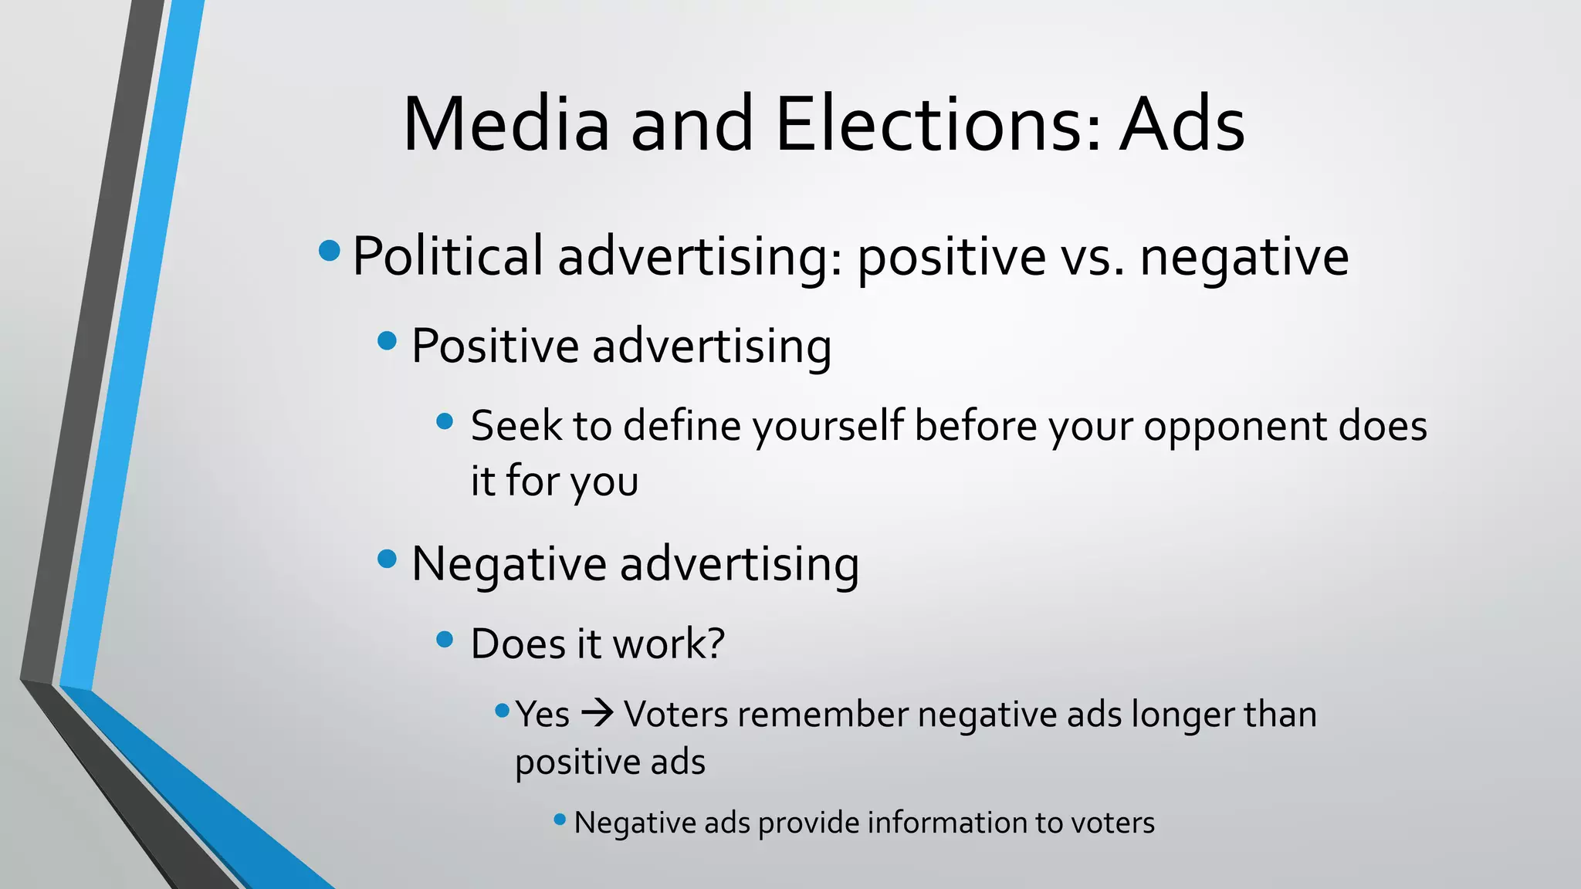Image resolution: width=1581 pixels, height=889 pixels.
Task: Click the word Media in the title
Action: click(x=506, y=125)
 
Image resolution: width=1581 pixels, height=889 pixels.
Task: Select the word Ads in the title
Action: click(x=1183, y=125)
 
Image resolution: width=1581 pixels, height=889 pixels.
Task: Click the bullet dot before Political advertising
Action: click(x=330, y=250)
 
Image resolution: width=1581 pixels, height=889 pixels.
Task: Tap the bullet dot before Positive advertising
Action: click(x=387, y=340)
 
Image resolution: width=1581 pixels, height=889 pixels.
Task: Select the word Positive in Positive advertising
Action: click(x=495, y=345)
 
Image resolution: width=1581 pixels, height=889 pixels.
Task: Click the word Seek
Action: click(x=516, y=425)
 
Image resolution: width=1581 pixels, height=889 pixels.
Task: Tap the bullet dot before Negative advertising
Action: click(x=387, y=558)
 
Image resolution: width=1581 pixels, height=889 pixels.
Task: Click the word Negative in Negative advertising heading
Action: click(x=510, y=564)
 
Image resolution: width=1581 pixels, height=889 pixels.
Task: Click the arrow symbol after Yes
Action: click(x=597, y=713)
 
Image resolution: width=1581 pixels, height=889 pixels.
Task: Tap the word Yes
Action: click(x=543, y=715)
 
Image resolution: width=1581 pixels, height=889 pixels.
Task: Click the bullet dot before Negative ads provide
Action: click(x=560, y=820)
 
